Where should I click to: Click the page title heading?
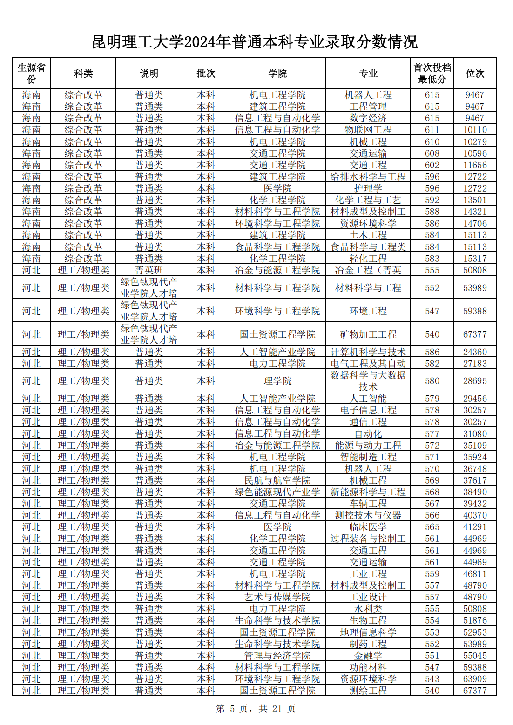pyautogui.click(x=255, y=42)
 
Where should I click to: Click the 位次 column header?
pyautogui.click(x=475, y=73)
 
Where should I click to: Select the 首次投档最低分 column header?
pyautogui.click(x=432, y=73)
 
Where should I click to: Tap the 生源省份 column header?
pyautogui.click(x=31, y=73)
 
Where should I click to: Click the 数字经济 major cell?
pyautogui.click(x=368, y=118)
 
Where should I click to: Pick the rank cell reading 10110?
pyautogui.click(x=475, y=130)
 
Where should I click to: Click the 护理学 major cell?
pyautogui.click(x=368, y=188)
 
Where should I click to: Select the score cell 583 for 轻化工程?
pyautogui.click(x=432, y=259)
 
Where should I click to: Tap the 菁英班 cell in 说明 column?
pyautogui.click(x=149, y=270)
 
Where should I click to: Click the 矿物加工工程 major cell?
pyautogui.click(x=368, y=334)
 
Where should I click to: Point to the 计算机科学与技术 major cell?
pyautogui.click(x=368, y=352)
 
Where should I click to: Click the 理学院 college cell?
pyautogui.click(x=277, y=381)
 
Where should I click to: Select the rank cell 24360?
pyautogui.click(x=475, y=352)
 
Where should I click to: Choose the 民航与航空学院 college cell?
pyautogui.click(x=277, y=480)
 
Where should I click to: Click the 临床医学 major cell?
pyautogui.click(x=368, y=527)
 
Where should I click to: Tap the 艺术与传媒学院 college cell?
pyautogui.click(x=277, y=597)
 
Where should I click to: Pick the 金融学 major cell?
pyautogui.click(x=368, y=656)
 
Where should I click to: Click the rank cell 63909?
pyautogui.click(x=475, y=679)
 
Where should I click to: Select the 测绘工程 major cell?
pyautogui.click(x=368, y=691)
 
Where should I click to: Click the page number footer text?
pyautogui.click(x=256, y=709)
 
